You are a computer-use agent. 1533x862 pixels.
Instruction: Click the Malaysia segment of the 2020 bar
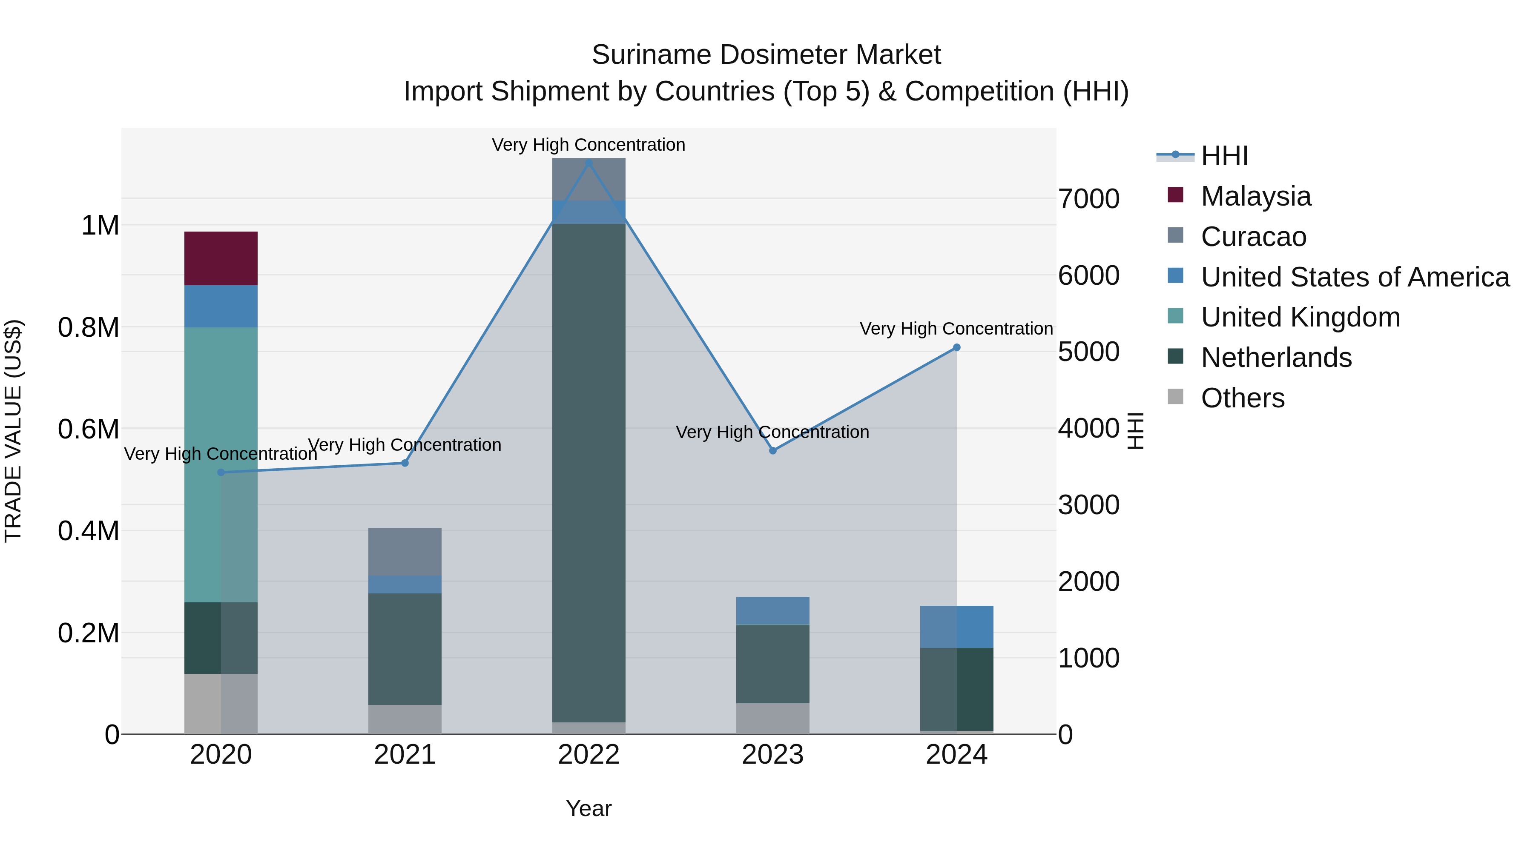[221, 258]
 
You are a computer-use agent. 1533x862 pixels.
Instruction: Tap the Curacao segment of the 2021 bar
[405, 551]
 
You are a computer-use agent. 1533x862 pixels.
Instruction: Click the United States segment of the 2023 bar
[772, 610]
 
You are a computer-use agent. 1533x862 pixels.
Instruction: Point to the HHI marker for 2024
[956, 347]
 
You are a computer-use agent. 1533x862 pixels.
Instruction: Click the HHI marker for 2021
[405, 463]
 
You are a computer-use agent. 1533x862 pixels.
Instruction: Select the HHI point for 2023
[772, 450]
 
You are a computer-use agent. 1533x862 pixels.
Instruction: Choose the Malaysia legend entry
[1256, 196]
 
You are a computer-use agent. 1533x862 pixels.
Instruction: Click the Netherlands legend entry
[1276, 358]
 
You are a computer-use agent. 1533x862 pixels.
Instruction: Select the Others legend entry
[1243, 398]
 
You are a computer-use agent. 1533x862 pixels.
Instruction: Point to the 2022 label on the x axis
[589, 755]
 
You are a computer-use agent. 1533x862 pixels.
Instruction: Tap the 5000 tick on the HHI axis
[1088, 352]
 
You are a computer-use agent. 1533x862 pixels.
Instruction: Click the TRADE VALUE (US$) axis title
[13, 431]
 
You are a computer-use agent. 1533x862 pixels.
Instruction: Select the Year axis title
[589, 808]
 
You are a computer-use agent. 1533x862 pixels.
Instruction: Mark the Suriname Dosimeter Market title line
[766, 55]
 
